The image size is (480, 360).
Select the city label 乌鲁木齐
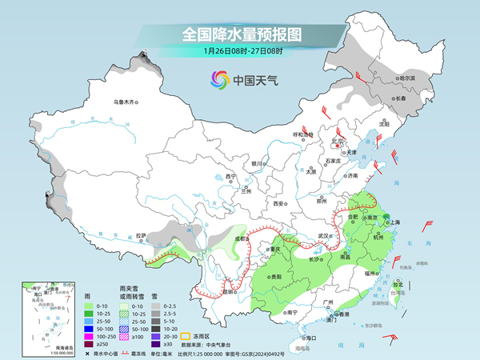point(125,102)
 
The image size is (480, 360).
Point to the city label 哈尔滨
point(407,78)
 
